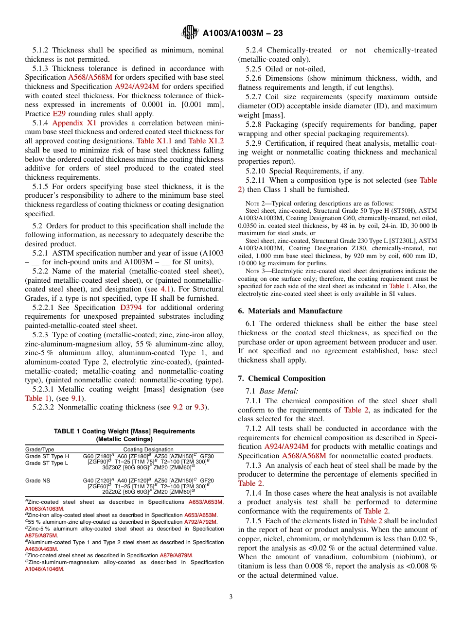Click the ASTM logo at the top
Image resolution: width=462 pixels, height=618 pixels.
click(189, 33)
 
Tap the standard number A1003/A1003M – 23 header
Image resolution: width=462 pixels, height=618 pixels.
click(243, 33)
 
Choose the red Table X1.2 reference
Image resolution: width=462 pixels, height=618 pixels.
click(206, 141)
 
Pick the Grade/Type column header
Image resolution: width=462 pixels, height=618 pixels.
click(39, 449)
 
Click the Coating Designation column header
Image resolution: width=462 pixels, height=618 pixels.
click(148, 449)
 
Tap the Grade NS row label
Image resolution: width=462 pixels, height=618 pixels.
click(37, 481)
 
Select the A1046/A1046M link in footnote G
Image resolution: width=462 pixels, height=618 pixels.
click(44, 569)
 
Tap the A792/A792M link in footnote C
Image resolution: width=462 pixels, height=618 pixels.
click(200, 522)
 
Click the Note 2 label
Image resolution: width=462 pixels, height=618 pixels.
click(254, 203)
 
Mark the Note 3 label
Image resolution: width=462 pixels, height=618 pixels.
click(254, 271)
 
